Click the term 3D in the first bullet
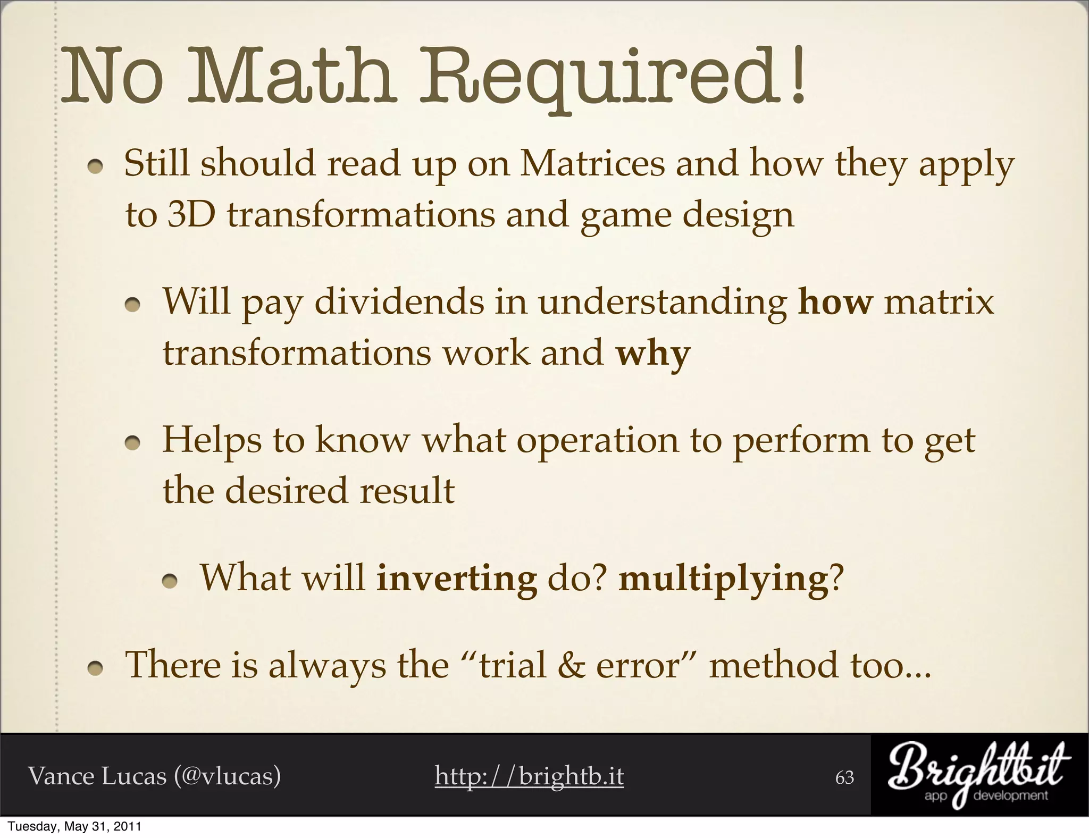pyautogui.click(x=191, y=215)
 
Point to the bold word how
pyautogui.click(x=835, y=302)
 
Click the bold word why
pyautogui.click(x=652, y=353)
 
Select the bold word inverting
pyautogui.click(x=456, y=578)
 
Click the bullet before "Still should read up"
pyautogui.click(x=96, y=167)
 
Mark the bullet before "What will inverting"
pyautogui.click(x=170, y=583)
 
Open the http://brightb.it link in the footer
pyautogui.click(x=529, y=776)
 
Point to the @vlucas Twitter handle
pyautogui.click(x=228, y=776)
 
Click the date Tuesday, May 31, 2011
pyautogui.click(x=74, y=827)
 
